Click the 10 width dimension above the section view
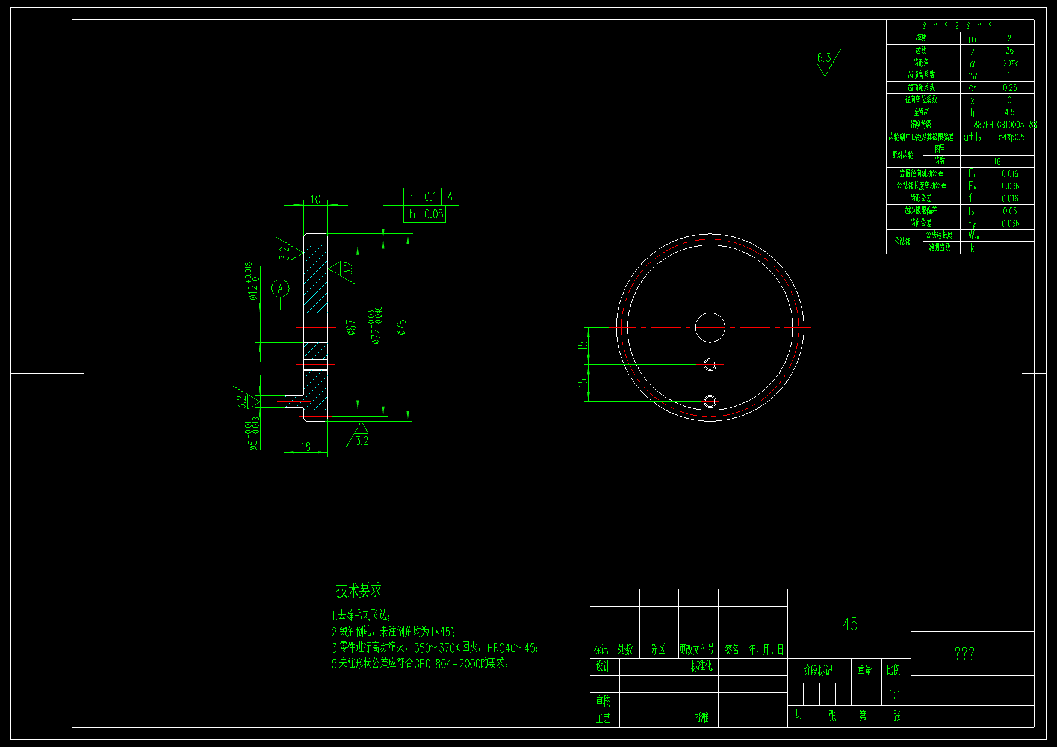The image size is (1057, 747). [x=315, y=199]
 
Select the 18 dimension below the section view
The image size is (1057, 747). [x=306, y=447]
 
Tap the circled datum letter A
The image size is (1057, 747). [x=280, y=289]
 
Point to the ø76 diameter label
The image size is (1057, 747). [x=401, y=327]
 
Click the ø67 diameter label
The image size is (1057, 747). [x=352, y=327]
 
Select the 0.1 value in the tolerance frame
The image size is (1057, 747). [x=430, y=197]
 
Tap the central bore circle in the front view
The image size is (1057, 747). [x=710, y=327]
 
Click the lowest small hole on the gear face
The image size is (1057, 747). [x=710, y=401]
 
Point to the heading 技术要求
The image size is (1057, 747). [x=359, y=590]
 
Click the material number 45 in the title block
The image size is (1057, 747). [x=850, y=624]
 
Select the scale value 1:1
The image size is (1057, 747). [x=895, y=695]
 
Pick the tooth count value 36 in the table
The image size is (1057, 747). [x=1009, y=51]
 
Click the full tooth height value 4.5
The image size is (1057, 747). [x=1009, y=112]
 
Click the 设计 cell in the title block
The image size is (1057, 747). [x=603, y=666]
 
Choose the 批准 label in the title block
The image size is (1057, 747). [x=701, y=718]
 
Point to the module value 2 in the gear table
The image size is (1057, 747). [x=1009, y=38]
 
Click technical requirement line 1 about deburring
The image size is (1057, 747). [x=362, y=615]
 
